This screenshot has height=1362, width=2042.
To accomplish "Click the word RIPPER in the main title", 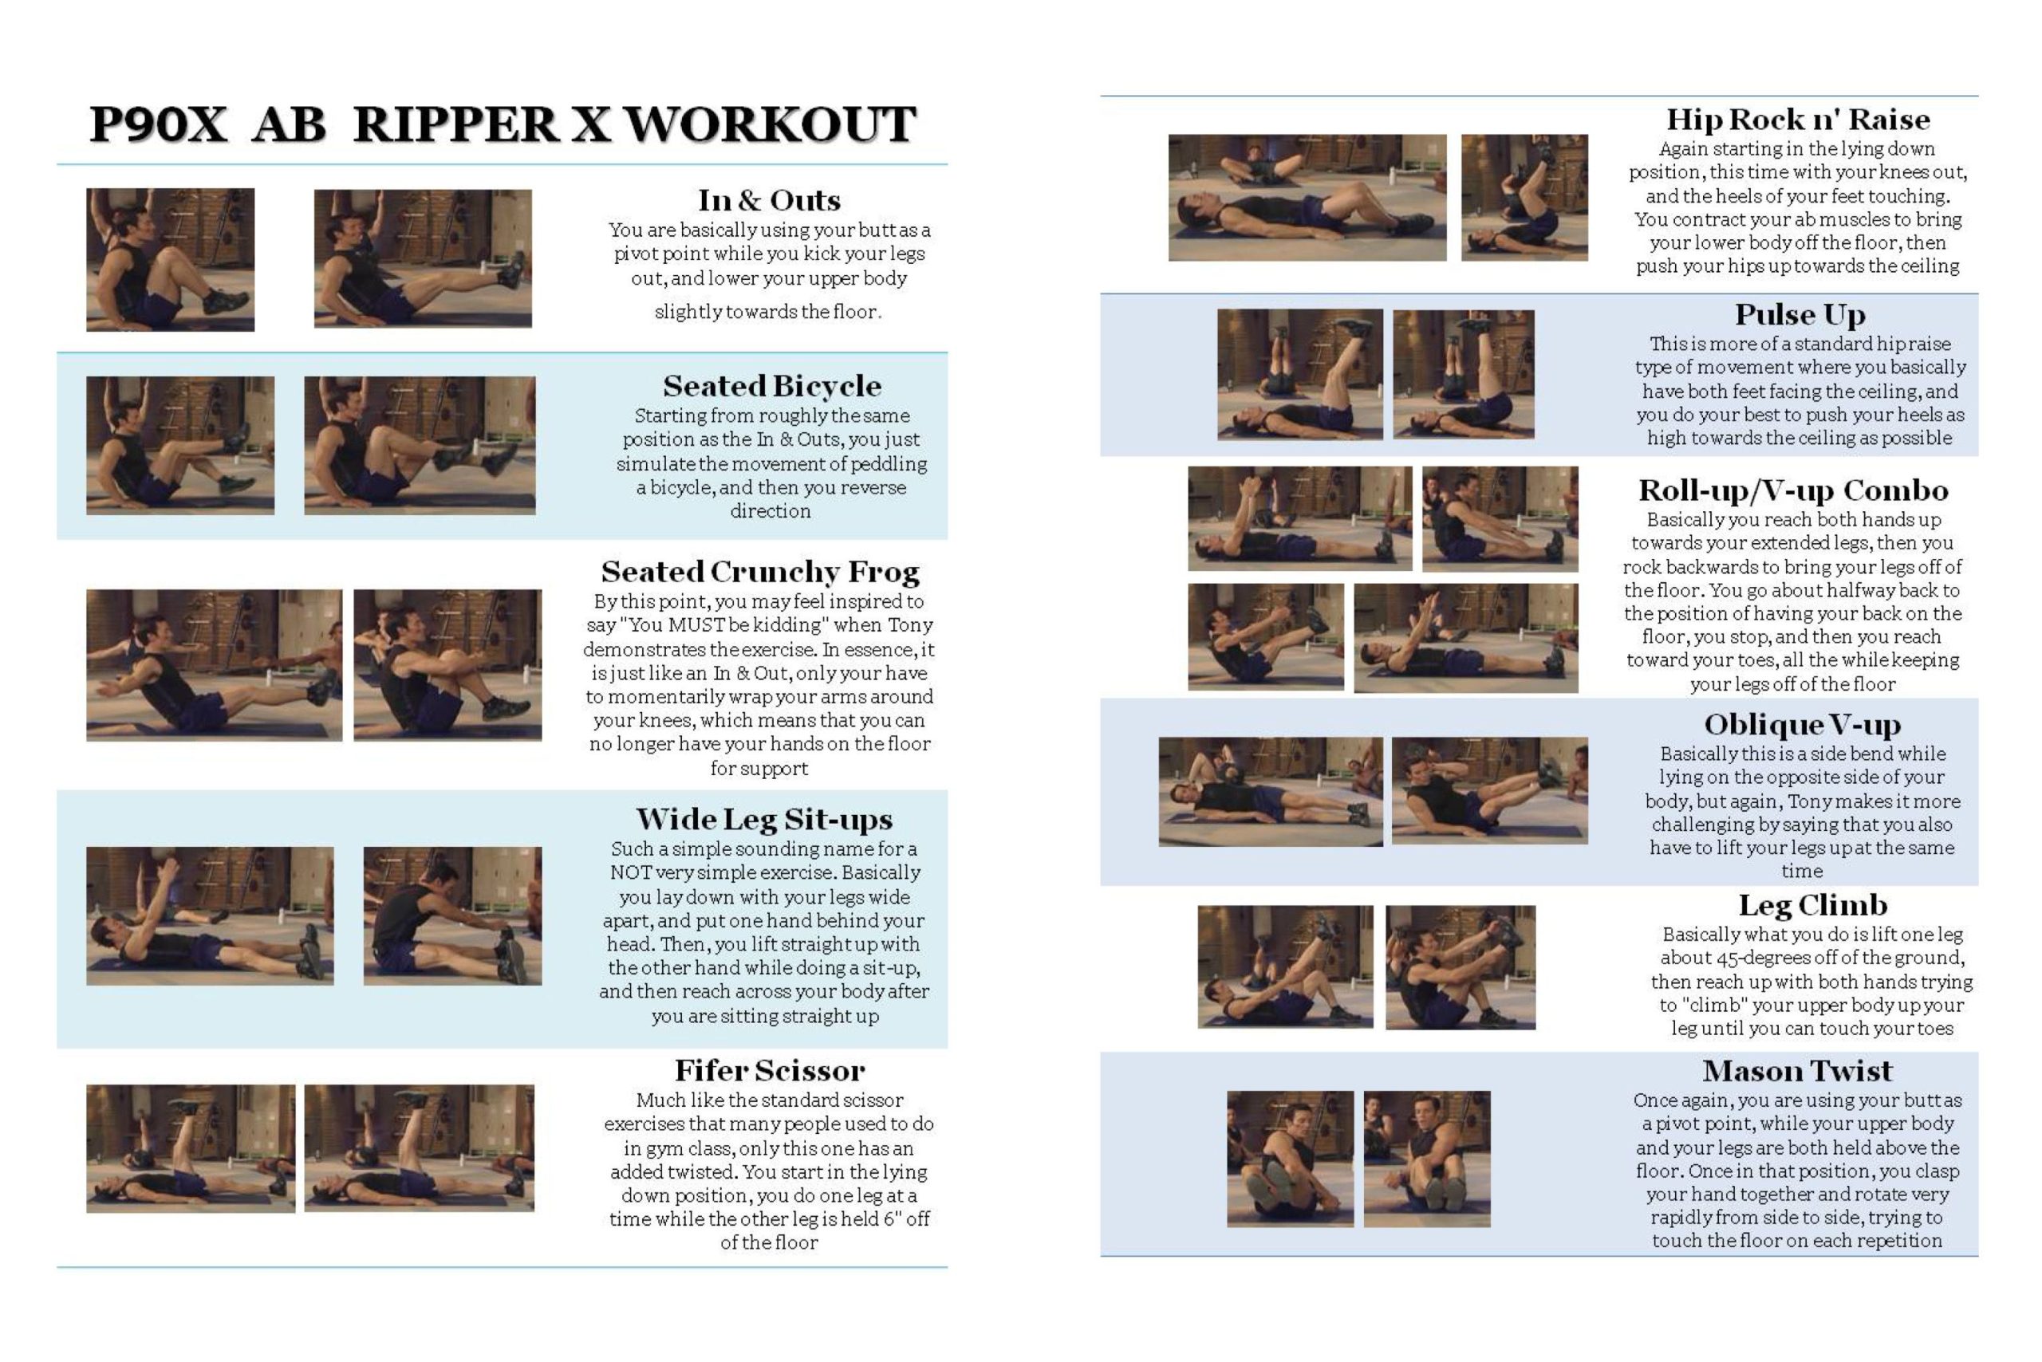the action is (x=457, y=124).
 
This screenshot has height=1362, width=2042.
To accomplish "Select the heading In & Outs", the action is (x=769, y=201).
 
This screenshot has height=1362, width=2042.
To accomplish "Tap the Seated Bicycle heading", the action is (x=771, y=386).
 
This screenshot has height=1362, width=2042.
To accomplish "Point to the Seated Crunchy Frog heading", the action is (x=759, y=572).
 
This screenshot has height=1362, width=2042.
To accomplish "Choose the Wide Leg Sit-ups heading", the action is (x=764, y=819).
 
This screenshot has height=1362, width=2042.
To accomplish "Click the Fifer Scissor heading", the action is (x=770, y=1070).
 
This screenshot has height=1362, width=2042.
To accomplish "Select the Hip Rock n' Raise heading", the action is (x=1798, y=119).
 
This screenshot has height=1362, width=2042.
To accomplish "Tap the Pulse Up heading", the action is (x=1800, y=314).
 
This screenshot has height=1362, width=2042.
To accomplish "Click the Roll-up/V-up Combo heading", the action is (x=1792, y=490).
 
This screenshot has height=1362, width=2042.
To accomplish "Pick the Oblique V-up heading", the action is (x=1802, y=724).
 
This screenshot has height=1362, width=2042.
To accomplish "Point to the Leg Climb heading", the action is (x=1812, y=905).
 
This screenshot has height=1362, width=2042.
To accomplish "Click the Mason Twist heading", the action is (x=1797, y=1070).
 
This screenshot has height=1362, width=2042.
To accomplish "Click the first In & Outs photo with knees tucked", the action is (x=171, y=260).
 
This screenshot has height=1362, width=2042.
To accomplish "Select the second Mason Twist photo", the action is (x=1427, y=1159).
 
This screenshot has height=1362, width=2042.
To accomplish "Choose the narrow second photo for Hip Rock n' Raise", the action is (x=1524, y=197).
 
